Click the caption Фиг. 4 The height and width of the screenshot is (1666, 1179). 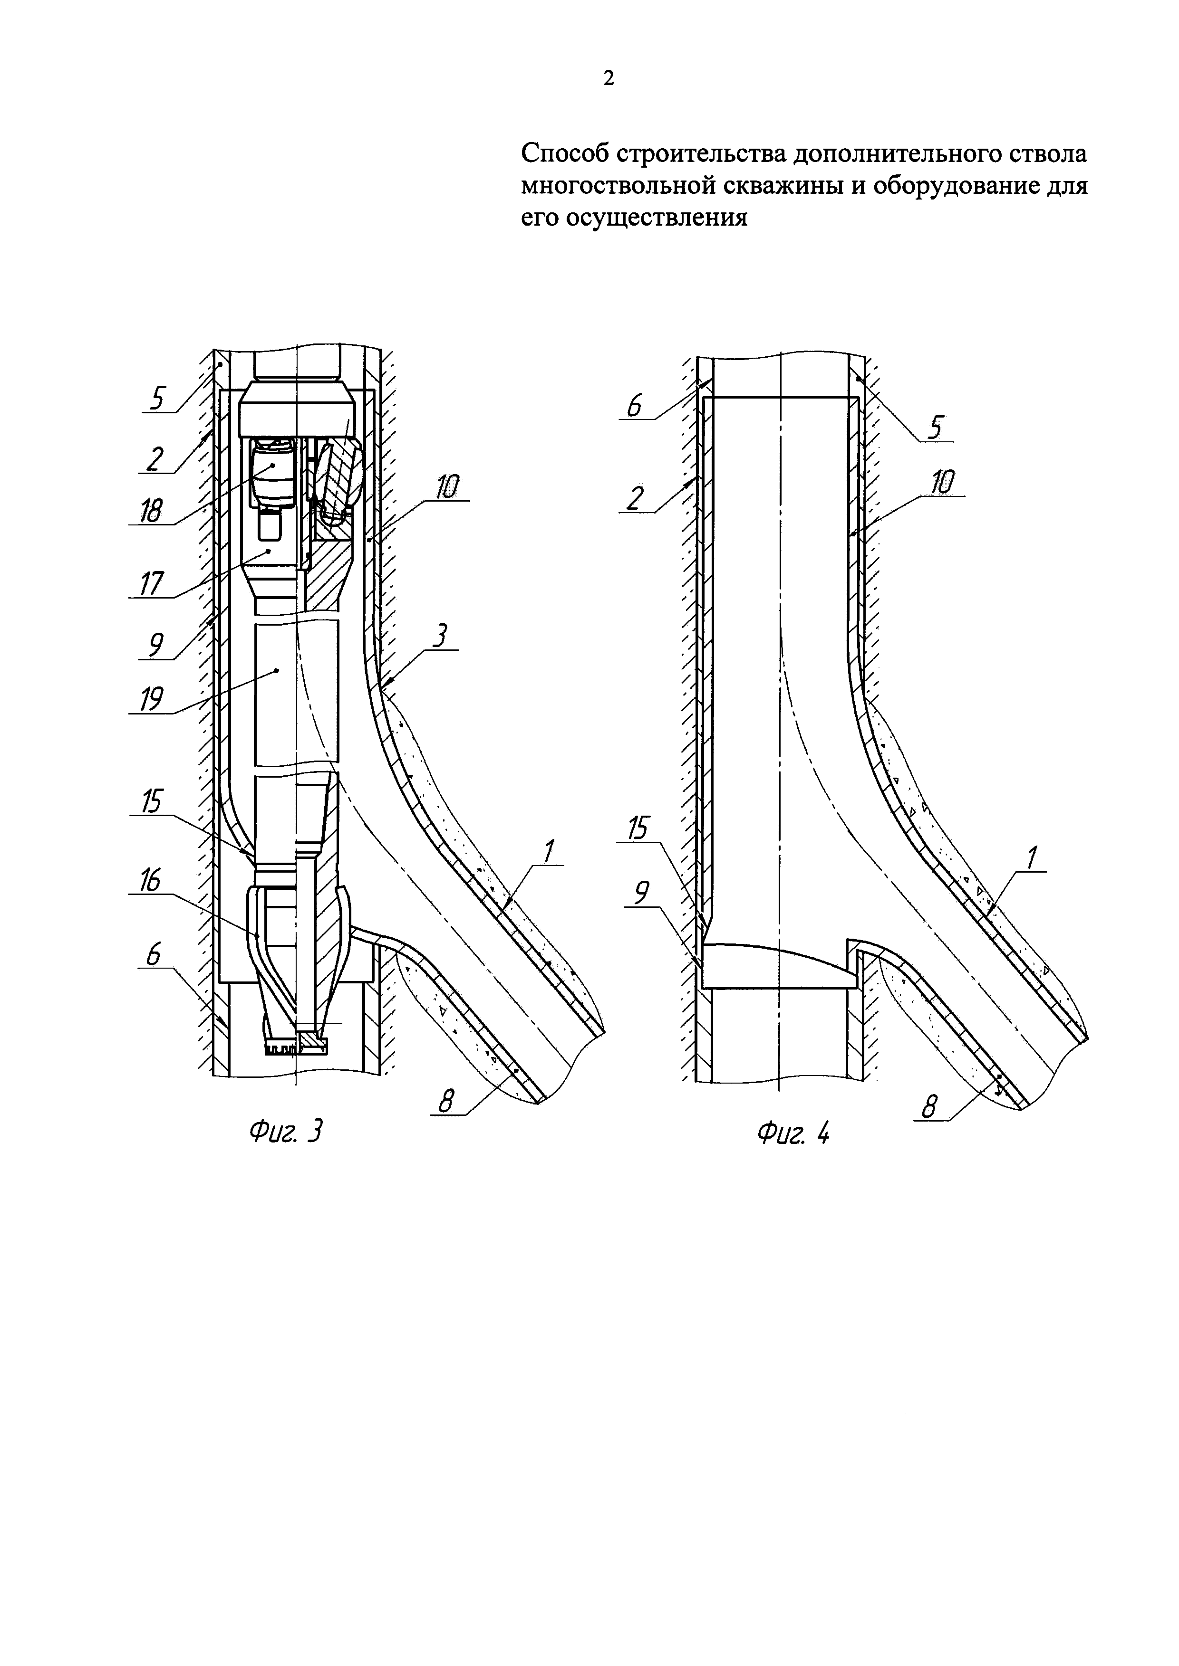coord(793,1133)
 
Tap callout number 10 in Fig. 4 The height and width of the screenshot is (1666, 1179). coord(942,482)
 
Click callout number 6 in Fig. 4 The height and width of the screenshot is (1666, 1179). coord(635,405)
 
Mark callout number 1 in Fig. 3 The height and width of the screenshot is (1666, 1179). coord(550,851)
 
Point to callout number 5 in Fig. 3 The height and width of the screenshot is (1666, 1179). coord(157,398)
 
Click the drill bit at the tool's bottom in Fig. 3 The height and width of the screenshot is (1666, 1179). coord(296,1046)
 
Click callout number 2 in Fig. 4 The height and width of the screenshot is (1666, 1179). coord(635,498)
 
